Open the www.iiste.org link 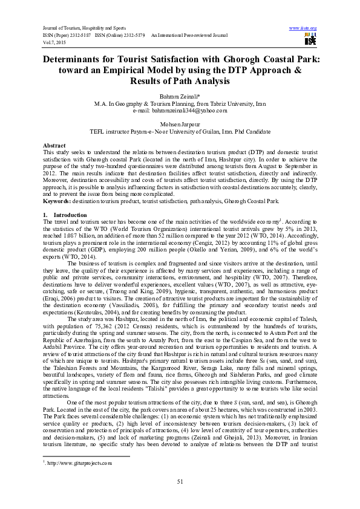pos(304,28)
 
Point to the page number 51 pos(180,481)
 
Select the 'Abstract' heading pos(54,146)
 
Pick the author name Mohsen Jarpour pos(180,123)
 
